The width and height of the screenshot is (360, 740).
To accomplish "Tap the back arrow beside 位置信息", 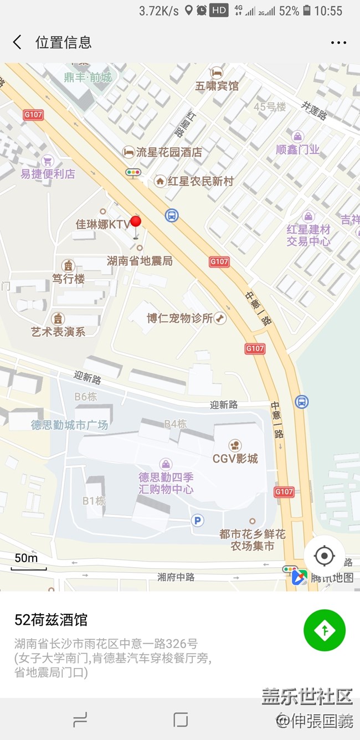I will click(x=17, y=42).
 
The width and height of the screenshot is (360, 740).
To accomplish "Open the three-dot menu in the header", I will click(x=338, y=43).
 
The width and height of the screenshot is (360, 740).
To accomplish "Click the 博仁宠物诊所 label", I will click(x=180, y=318).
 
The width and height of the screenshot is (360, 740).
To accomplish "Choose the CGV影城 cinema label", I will click(x=235, y=458).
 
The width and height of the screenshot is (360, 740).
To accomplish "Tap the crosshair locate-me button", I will click(x=325, y=556).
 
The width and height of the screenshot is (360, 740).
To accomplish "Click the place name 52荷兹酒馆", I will click(x=51, y=620).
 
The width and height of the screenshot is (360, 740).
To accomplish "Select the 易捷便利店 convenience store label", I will click(x=48, y=173).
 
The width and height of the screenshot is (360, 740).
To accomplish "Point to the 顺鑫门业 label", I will click(x=298, y=149).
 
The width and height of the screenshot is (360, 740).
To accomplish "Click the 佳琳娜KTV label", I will click(x=103, y=224).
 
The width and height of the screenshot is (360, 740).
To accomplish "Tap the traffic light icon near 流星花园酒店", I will click(x=133, y=173).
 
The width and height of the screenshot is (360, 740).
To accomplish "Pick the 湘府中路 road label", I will click(x=176, y=577).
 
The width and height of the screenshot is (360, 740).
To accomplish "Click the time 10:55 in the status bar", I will click(x=328, y=11).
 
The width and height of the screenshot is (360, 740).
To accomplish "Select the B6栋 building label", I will click(x=86, y=397).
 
